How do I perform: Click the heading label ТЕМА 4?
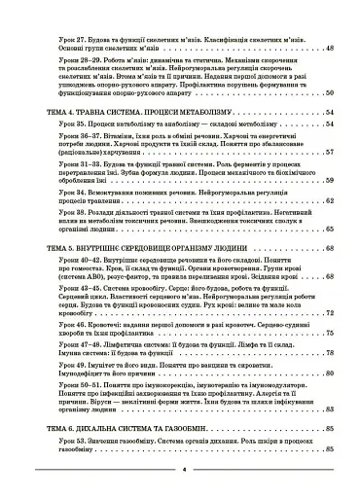point(49,112)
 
